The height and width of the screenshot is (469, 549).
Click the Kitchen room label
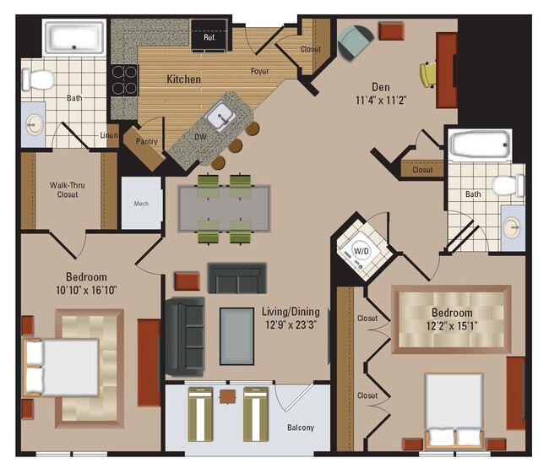click(183, 79)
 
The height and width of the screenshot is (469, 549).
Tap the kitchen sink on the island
click(222, 115)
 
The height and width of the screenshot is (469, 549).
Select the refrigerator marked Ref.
click(209, 36)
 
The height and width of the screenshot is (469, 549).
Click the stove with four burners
click(125, 80)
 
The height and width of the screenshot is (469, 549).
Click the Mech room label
click(141, 203)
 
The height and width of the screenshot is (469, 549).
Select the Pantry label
click(146, 142)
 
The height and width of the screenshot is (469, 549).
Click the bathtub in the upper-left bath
click(74, 37)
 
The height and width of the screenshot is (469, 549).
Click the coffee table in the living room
click(236, 335)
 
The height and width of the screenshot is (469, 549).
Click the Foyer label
click(259, 71)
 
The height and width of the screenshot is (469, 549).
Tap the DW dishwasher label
click(201, 135)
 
